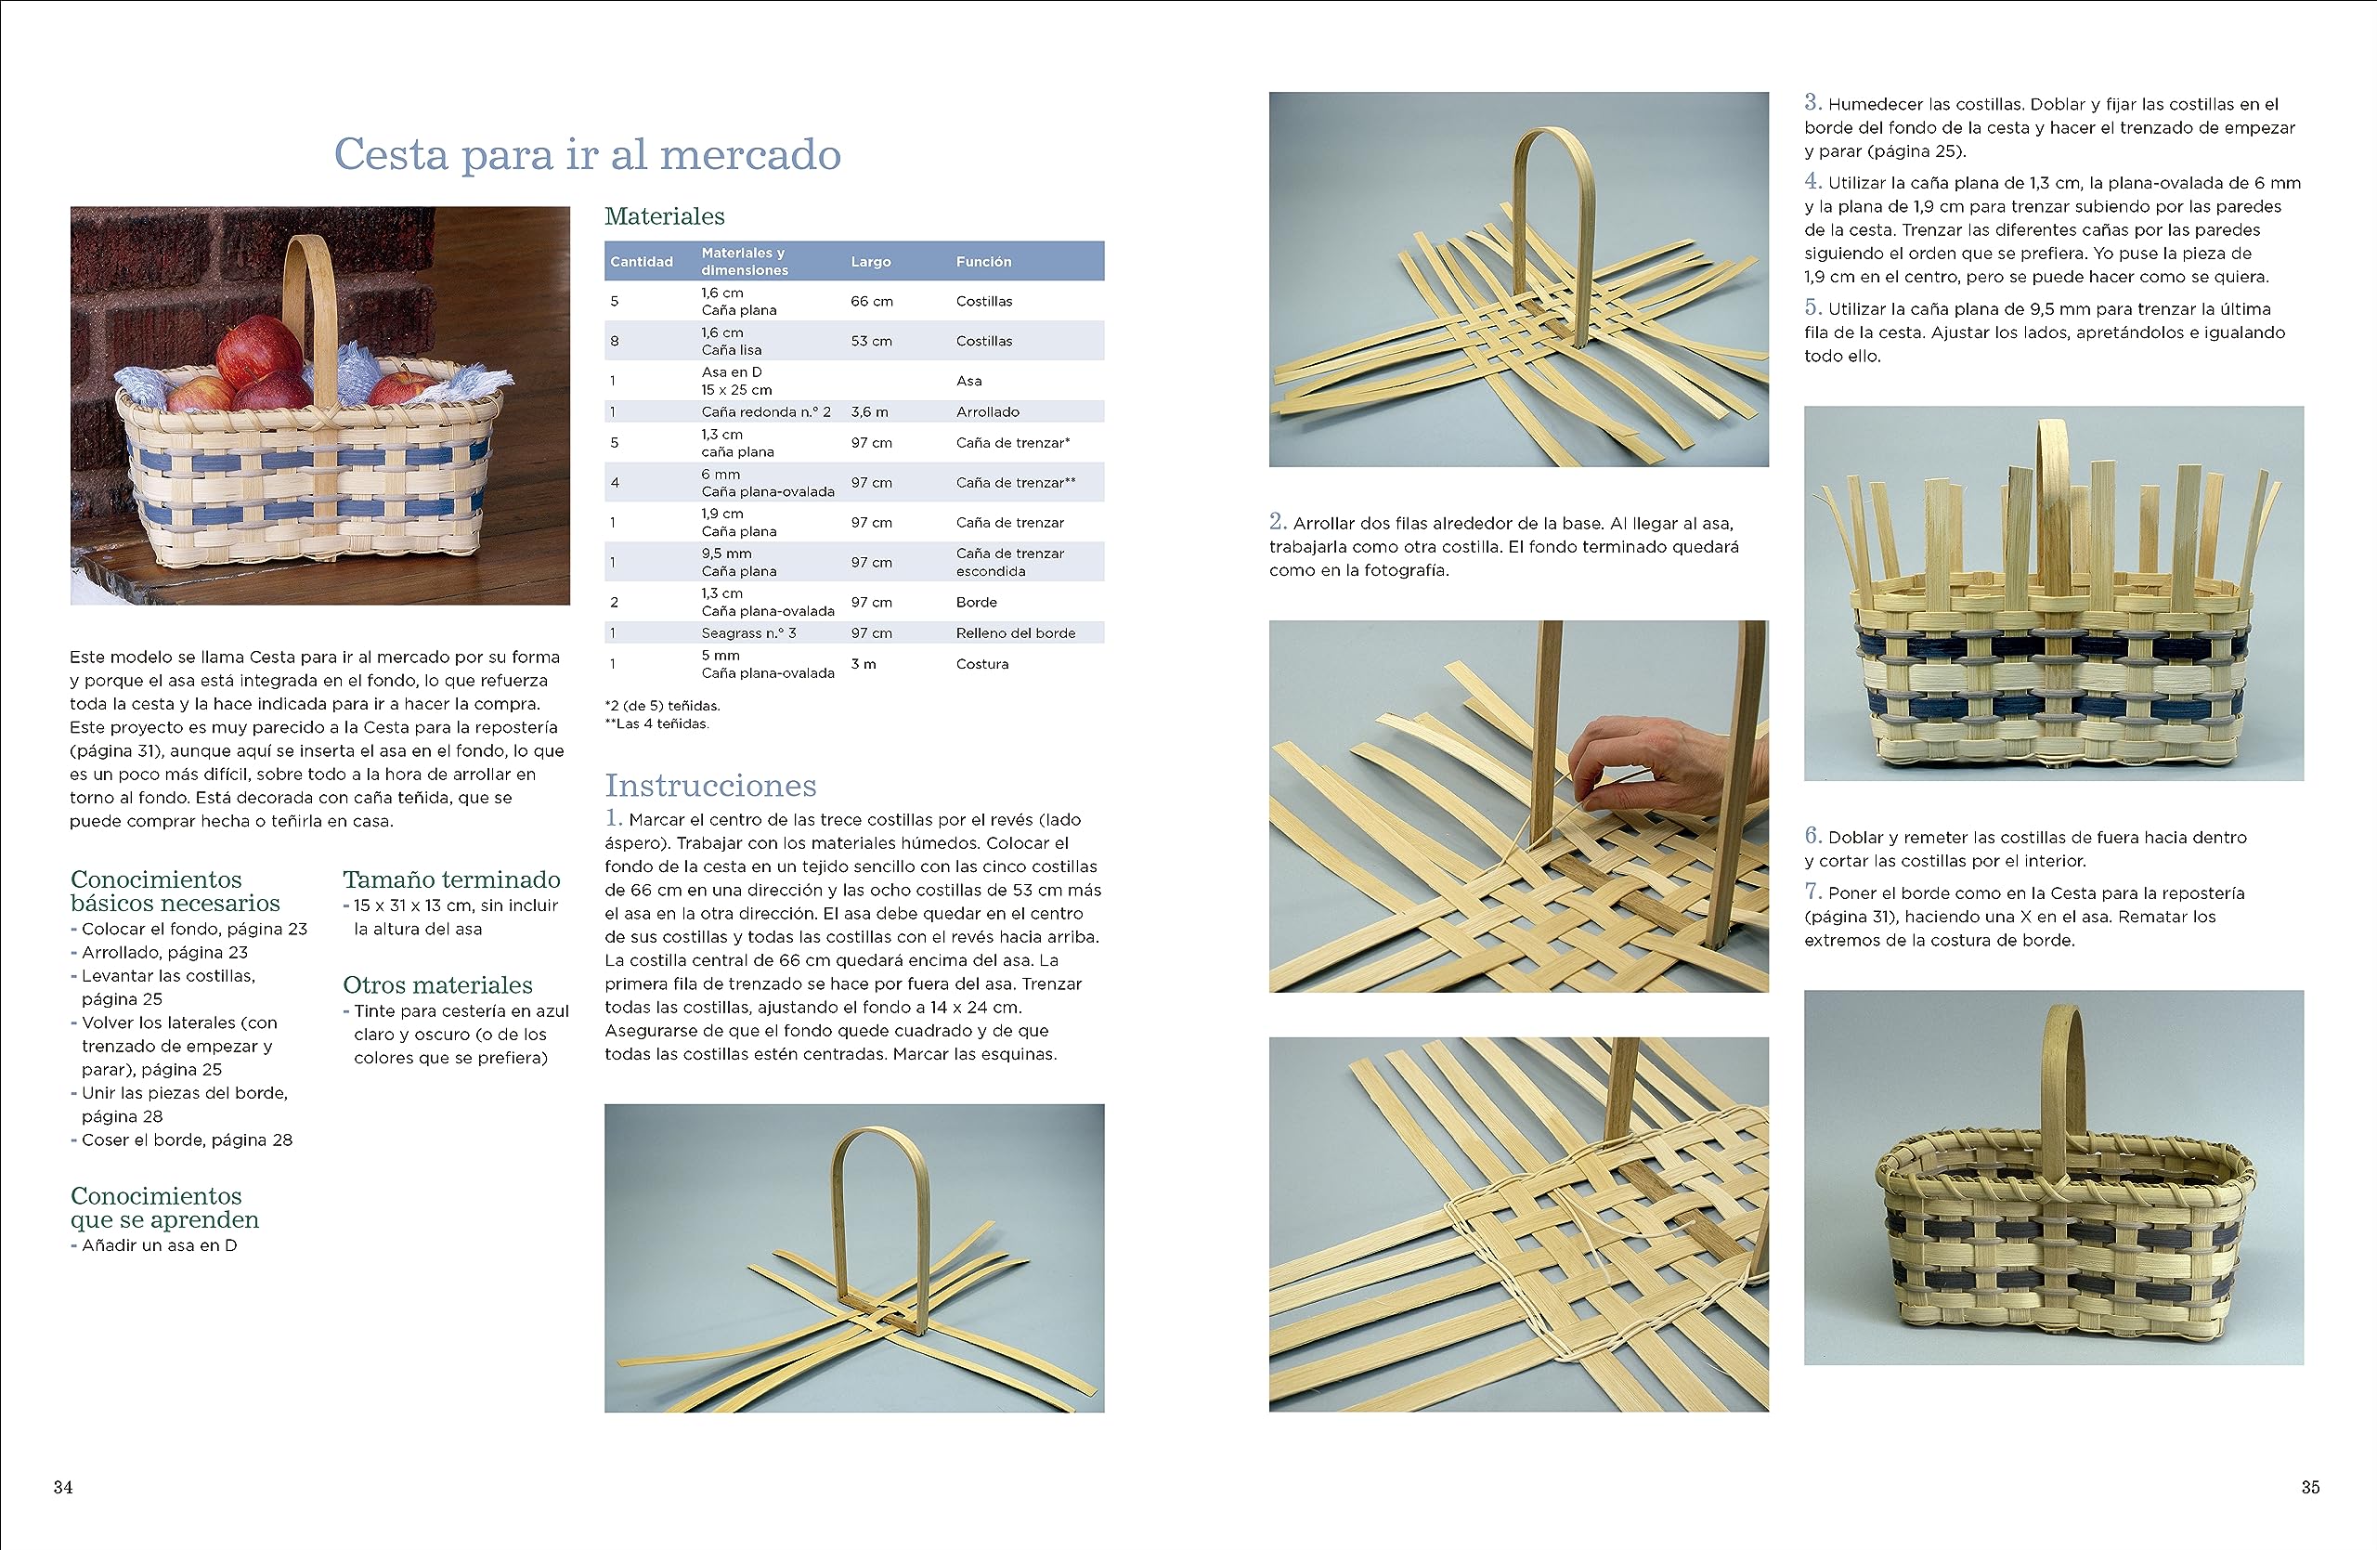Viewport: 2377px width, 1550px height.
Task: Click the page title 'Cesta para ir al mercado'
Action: click(x=587, y=155)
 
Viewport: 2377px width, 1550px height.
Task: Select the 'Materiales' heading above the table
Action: click(x=664, y=216)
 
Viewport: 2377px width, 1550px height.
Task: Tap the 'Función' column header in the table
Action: click(x=982, y=262)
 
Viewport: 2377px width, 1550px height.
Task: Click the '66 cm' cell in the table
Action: click(x=871, y=302)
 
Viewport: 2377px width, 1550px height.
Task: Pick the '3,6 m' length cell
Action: click(x=869, y=411)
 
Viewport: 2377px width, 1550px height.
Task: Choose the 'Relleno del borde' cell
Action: click(x=1015, y=633)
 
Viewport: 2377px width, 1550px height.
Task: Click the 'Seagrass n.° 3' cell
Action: click(x=748, y=633)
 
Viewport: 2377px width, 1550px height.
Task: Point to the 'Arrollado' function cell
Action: click(x=987, y=411)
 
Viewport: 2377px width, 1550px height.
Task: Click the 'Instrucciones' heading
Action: click(x=710, y=786)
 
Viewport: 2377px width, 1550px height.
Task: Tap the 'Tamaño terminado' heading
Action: click(x=451, y=879)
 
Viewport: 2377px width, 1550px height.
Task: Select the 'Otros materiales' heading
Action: click(x=437, y=985)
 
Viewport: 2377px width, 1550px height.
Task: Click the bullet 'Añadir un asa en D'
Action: click(x=159, y=1245)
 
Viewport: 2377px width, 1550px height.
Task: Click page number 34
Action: click(x=63, y=1487)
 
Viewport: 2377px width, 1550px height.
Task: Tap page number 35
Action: click(x=2309, y=1487)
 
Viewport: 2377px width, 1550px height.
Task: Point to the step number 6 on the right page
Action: click(x=1812, y=836)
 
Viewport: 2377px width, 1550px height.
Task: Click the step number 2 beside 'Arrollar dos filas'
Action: click(x=1278, y=521)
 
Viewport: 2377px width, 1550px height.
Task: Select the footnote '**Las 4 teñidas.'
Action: click(x=656, y=724)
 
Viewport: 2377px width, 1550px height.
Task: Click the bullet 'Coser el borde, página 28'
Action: click(x=187, y=1140)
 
